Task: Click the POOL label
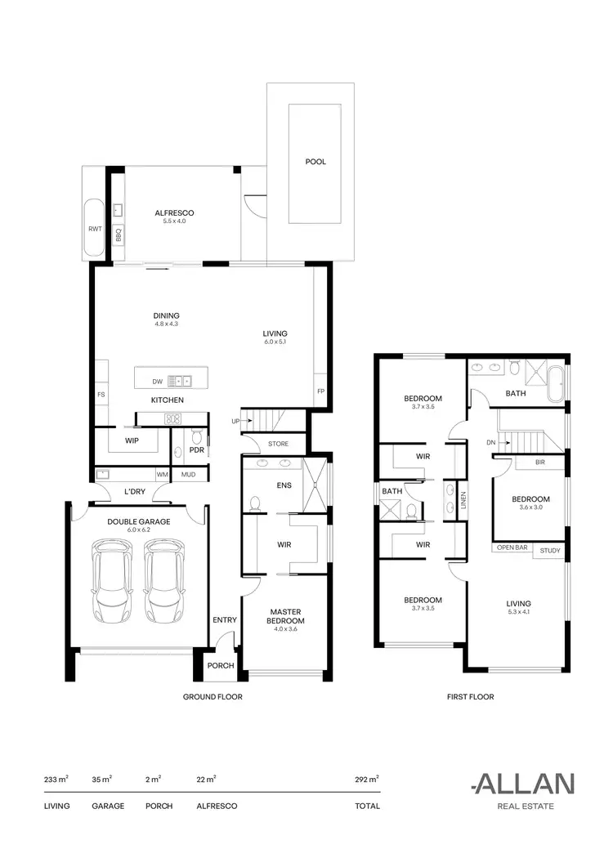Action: (315, 162)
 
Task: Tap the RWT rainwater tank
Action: (94, 230)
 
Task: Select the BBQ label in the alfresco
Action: (119, 235)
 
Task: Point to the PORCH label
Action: (220, 665)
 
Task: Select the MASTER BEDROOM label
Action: (286, 617)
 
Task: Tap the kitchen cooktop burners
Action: (172, 418)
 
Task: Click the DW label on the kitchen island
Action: (157, 381)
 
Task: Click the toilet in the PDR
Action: (197, 436)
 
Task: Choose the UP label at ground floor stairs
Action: (235, 422)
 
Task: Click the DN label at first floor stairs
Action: (492, 442)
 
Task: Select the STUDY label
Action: (550, 551)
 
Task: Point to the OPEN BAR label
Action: (512, 547)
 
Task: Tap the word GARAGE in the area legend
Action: (108, 806)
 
